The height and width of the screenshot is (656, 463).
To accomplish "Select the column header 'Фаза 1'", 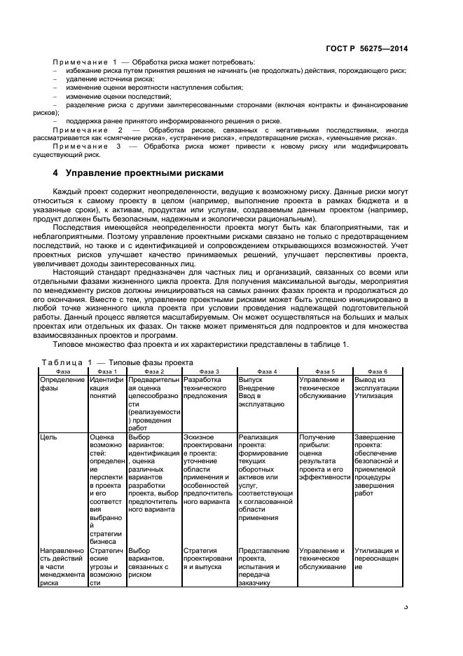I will click(x=106, y=371).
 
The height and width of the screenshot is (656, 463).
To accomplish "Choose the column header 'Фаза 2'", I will click(x=153, y=371).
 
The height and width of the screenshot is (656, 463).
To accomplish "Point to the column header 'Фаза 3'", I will click(x=209, y=371).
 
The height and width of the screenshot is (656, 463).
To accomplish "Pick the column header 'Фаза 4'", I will click(x=267, y=371).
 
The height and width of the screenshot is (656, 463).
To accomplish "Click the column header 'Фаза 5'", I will click(x=325, y=371).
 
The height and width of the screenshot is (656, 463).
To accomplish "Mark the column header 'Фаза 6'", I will click(x=377, y=371).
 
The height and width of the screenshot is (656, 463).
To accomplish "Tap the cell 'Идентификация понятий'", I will click(x=106, y=388).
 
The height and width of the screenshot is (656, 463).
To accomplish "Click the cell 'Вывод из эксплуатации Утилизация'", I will click(x=377, y=388).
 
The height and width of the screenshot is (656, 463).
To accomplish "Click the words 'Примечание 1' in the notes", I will click(x=85, y=63).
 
